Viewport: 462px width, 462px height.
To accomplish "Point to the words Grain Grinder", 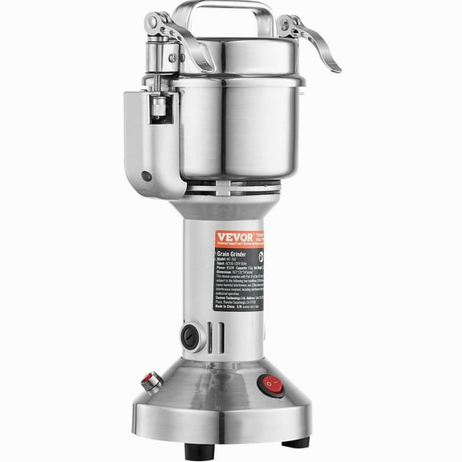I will (235, 250).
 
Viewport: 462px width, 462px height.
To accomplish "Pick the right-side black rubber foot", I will (295, 442).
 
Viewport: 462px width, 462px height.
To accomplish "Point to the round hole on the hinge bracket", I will (146, 176).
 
